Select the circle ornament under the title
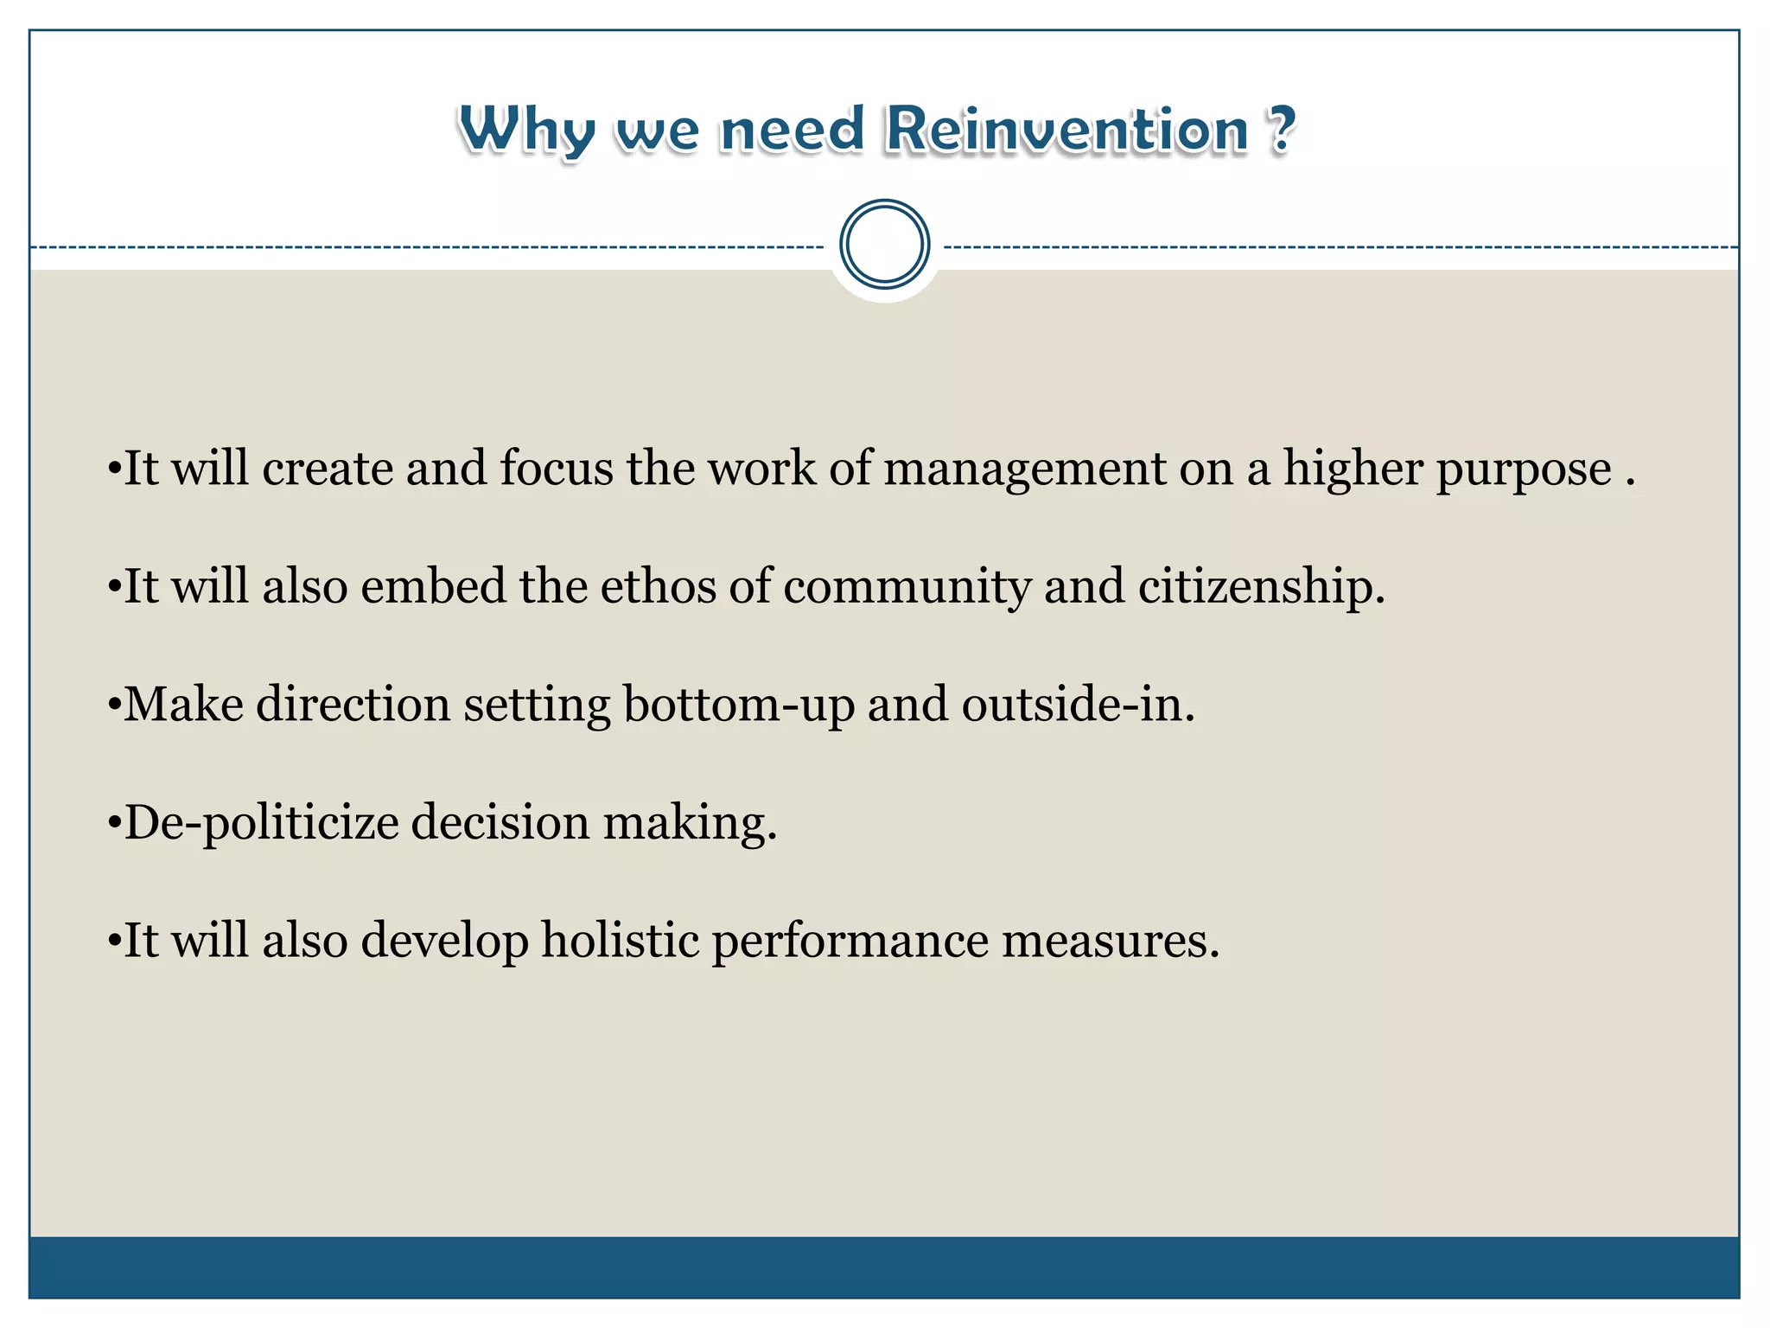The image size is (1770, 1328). point(884,245)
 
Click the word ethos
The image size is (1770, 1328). point(658,586)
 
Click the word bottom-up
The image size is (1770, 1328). point(739,705)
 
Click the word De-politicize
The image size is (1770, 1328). point(261,823)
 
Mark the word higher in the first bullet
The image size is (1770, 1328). point(1353,469)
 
